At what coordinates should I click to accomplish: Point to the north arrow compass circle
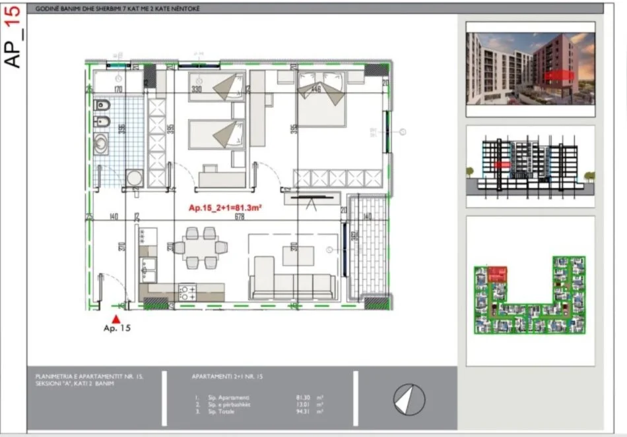tap(409, 399)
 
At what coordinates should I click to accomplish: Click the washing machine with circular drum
tap(135, 179)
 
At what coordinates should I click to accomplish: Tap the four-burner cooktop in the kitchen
tap(187, 291)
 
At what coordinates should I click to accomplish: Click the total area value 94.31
tap(305, 411)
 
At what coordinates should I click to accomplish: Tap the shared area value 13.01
tap(305, 405)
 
